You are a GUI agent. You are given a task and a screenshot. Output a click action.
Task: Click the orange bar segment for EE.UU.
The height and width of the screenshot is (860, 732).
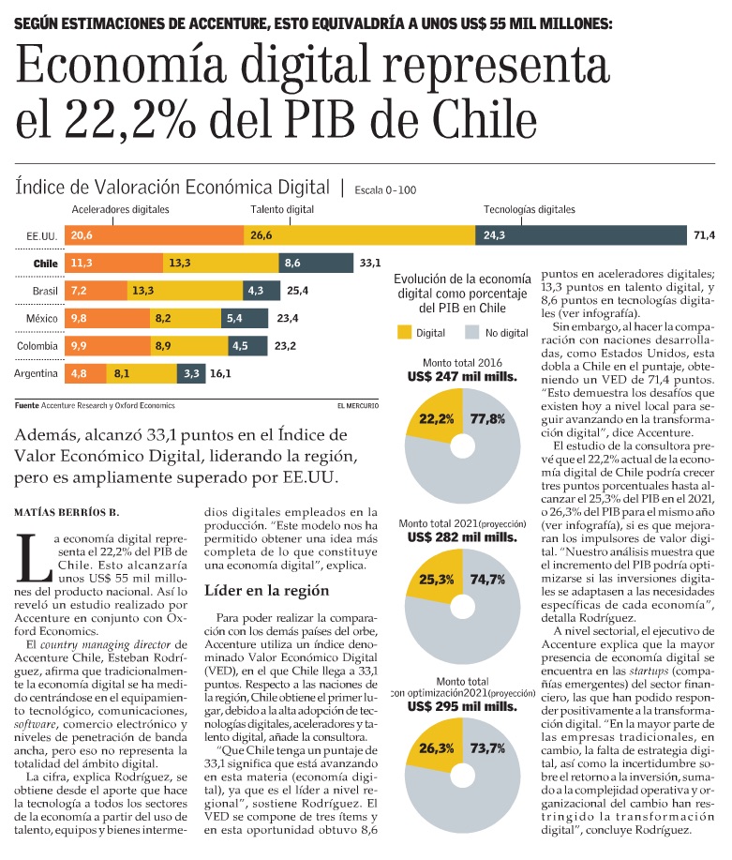pos(155,234)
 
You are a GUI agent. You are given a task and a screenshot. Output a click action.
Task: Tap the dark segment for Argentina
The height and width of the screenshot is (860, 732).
pos(191,373)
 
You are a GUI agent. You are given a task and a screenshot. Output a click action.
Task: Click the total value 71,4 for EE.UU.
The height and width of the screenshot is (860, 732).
pos(704,234)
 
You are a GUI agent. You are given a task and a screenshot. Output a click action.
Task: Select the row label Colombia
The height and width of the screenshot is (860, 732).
pos(38,346)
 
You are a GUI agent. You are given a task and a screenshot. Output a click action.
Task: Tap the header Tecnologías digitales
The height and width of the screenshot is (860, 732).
pos(530,210)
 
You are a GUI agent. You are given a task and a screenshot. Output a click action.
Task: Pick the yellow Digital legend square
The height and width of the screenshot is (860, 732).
pos(405,332)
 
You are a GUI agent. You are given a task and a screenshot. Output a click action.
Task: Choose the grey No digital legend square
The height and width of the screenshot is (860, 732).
pos(472,332)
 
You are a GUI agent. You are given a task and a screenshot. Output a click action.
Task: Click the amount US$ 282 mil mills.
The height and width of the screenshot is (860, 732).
pos(463,537)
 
